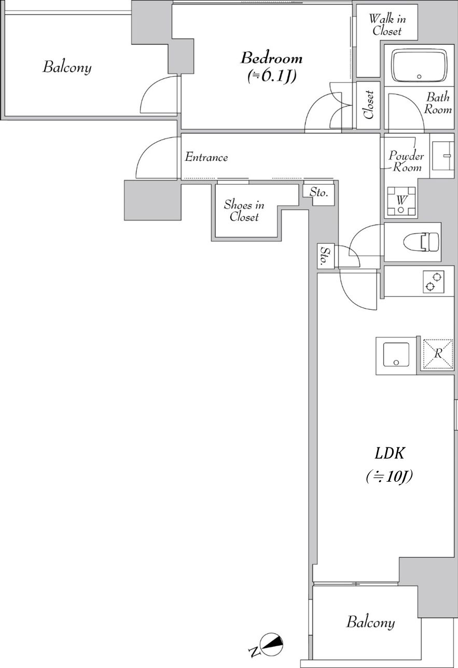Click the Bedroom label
271,58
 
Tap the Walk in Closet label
387,25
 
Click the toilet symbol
421,241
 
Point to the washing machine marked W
401,201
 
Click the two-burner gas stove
433,281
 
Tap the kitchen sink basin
396,355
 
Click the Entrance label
206,157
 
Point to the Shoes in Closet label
244,211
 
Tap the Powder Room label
406,161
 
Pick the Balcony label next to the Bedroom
67,67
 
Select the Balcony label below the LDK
370,622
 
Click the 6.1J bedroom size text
272,77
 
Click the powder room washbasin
443,156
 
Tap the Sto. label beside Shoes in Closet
318,193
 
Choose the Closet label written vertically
369,105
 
